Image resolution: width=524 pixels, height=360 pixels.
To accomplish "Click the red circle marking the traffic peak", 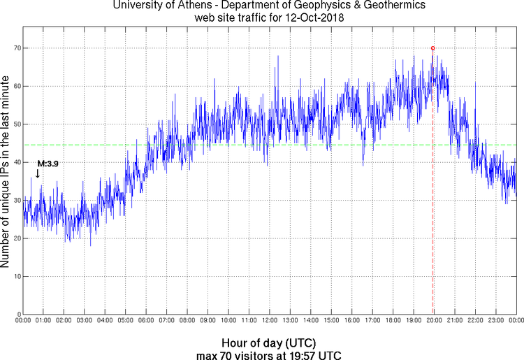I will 433,48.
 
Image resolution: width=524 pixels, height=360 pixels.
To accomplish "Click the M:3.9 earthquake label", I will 48,163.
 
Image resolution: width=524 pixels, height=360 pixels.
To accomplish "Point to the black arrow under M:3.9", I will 37,173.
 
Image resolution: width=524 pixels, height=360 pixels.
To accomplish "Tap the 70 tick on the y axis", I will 15,48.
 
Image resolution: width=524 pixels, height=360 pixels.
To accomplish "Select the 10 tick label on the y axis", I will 15,276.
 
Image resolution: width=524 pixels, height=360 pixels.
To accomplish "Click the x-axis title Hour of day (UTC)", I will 269,343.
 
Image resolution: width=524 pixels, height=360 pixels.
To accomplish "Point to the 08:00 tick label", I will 187,321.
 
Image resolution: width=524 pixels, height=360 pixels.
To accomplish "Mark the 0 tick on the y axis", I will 17,314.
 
